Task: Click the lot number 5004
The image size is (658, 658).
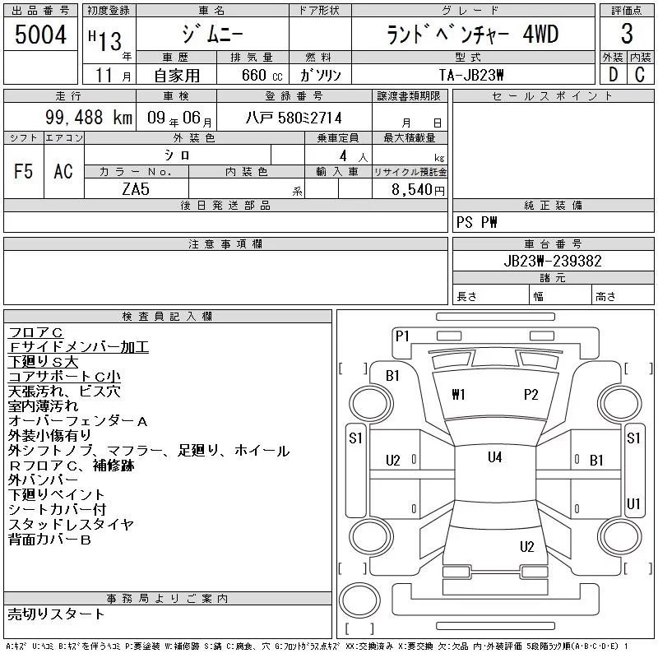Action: tap(40, 35)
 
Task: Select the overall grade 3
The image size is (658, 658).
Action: tap(627, 34)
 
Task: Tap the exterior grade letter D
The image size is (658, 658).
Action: tap(613, 75)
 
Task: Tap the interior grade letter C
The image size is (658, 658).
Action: tap(640, 75)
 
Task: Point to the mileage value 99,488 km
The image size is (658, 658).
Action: tap(89, 117)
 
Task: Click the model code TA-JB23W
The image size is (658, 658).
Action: tap(471, 75)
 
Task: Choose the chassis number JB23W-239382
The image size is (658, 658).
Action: tap(553, 261)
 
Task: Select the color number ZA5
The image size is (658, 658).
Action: tap(136, 189)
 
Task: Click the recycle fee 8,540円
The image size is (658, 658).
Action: tap(418, 190)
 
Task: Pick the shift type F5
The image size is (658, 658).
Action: tap(23, 171)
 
